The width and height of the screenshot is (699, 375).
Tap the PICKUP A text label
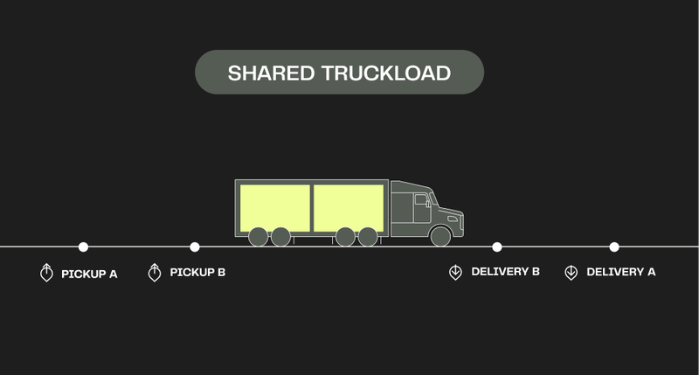pos(89,274)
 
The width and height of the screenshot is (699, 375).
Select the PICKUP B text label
pos(197,273)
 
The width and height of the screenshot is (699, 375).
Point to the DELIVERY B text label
pos(505,272)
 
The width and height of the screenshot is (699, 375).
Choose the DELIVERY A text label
pos(620,272)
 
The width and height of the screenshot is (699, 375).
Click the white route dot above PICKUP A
pos(83,247)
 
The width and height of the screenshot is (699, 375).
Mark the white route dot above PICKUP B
pos(195,247)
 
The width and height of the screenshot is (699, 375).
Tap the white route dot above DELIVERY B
pos(497,247)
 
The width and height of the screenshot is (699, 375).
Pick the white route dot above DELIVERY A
pos(614,247)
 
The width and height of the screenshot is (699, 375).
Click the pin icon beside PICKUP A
pos(46,273)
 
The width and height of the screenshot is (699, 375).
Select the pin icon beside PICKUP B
pos(155,273)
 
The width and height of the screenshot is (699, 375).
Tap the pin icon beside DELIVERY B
pos(455,273)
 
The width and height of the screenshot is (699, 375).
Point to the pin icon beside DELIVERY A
pos(571,273)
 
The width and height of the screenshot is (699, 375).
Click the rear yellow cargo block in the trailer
pos(274,208)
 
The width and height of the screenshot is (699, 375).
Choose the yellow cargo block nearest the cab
pos(348,208)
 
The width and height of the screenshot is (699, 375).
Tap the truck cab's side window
pos(422,201)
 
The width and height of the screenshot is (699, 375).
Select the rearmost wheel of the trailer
pos(259,236)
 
